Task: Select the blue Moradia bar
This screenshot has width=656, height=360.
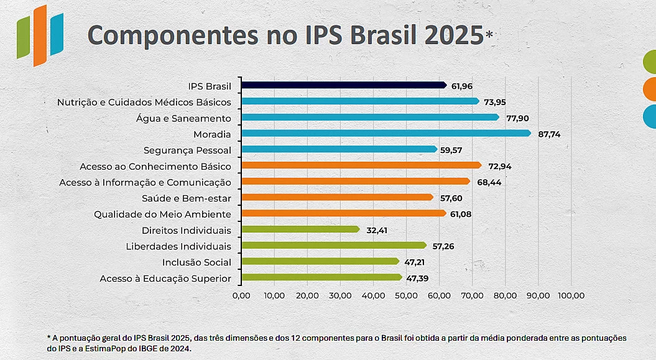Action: coord(386,133)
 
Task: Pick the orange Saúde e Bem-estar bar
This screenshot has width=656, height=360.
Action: coord(336,197)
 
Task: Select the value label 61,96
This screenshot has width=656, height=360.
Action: coord(464,85)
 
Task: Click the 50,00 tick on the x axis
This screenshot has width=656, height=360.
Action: coord(406,295)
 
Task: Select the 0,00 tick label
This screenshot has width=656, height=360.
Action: coord(241,295)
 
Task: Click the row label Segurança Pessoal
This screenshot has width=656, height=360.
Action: coord(187,150)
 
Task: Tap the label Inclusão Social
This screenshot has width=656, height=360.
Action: coord(196,262)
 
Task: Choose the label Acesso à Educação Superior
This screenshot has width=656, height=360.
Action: coord(165,279)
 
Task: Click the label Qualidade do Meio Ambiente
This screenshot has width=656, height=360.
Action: coord(162,214)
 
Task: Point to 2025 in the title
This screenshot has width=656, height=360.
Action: coord(453,36)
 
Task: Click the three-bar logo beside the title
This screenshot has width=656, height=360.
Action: coord(40,35)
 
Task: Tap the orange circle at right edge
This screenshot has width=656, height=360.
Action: coord(649,90)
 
